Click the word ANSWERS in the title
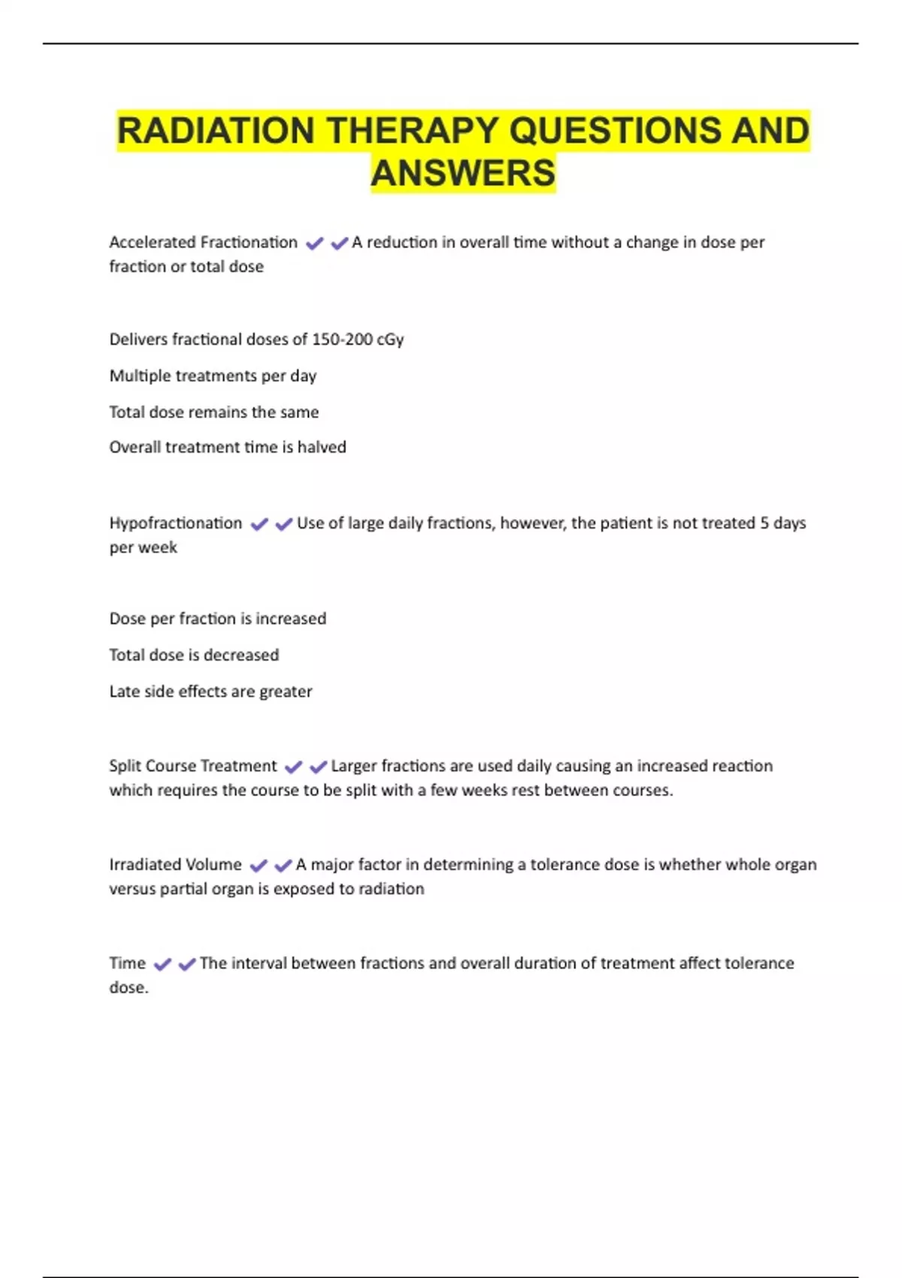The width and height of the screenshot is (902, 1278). pos(463,173)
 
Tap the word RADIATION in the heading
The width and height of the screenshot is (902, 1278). pos(216,131)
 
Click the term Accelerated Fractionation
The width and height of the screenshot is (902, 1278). pos(203,243)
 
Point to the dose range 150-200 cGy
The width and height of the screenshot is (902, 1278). pos(358,340)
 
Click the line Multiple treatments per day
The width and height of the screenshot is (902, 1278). pos(213,376)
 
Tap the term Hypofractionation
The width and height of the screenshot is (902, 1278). pos(176,523)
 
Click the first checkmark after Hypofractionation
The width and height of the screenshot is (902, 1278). pos(259,525)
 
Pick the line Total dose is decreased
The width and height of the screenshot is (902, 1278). pos(194,656)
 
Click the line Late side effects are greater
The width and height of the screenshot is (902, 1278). pos(210,692)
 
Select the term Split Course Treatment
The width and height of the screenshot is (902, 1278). pos(193,766)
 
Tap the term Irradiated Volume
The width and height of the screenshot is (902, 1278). pos(176,865)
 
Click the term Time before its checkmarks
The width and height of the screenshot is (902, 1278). pos(128,963)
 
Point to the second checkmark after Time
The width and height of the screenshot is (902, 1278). pos(187,965)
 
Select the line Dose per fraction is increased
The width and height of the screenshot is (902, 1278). pos(218,619)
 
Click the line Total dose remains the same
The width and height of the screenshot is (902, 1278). pos(214,412)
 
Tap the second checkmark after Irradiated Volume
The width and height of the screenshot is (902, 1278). pos(283,866)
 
